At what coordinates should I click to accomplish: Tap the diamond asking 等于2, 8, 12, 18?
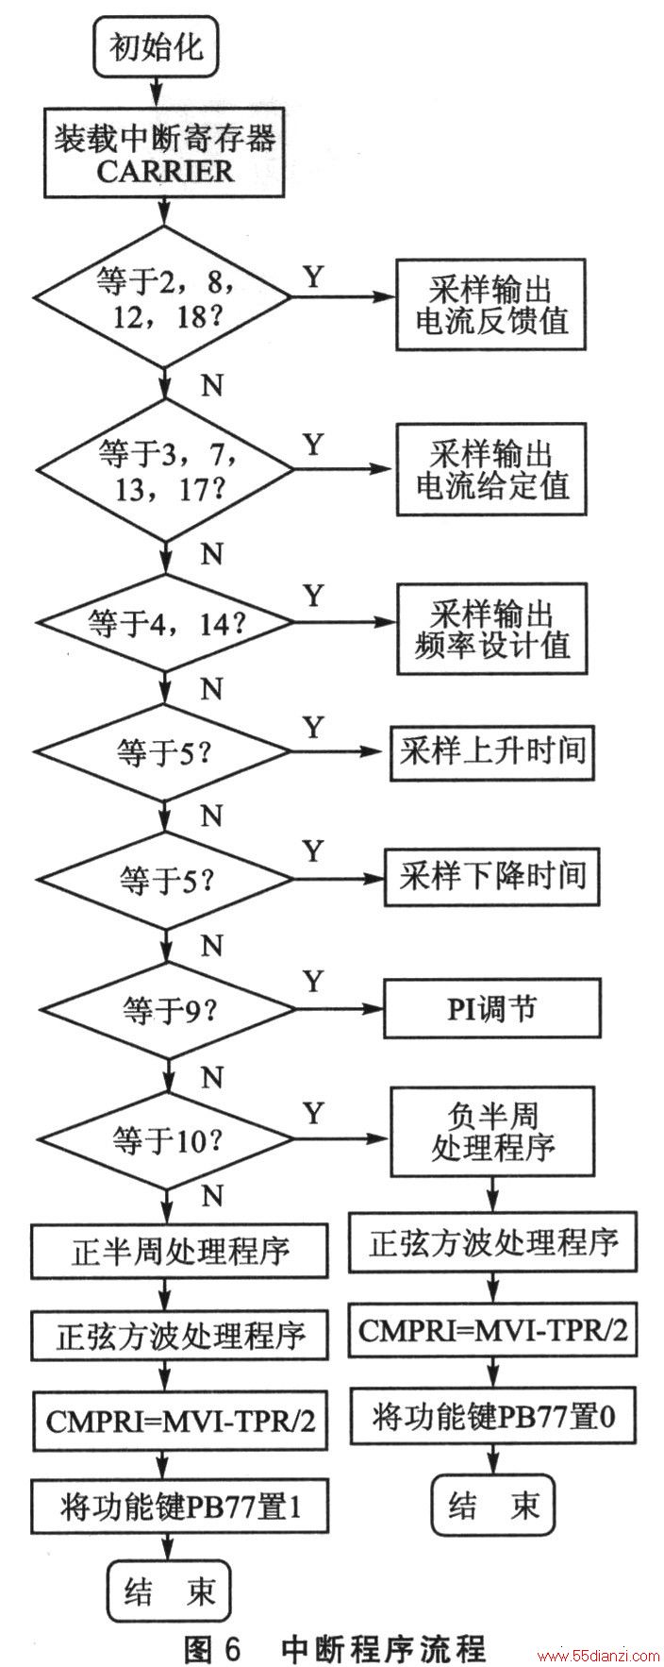click(164, 296)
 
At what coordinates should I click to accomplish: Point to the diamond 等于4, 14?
click(164, 623)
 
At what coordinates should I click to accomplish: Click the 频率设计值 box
click(491, 628)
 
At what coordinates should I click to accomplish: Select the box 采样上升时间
click(492, 750)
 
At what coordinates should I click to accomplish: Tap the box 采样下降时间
click(491, 875)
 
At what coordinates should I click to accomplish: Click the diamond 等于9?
click(164, 1011)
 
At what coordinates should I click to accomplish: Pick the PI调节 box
click(491, 1008)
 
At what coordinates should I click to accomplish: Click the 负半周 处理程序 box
click(491, 1132)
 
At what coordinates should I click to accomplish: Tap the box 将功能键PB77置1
click(180, 1503)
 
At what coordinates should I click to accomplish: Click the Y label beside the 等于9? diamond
click(313, 982)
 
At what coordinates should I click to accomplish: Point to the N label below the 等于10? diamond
click(213, 1197)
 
